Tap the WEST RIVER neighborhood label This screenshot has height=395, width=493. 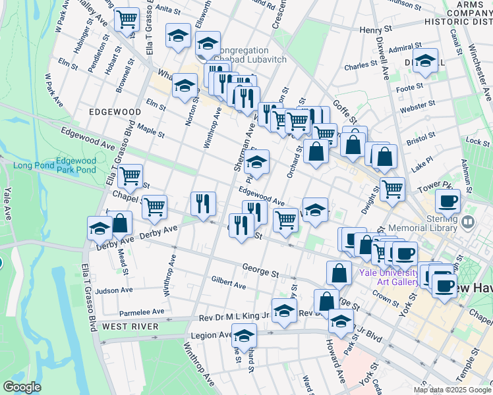click(130, 327)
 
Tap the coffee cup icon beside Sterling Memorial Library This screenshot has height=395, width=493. click(448, 201)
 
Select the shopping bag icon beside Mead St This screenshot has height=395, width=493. click(119, 223)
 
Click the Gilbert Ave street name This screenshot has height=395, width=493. click(228, 282)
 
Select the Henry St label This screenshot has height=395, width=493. click(376, 30)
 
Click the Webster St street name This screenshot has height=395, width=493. click(417, 104)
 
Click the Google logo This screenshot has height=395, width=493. click(22, 386)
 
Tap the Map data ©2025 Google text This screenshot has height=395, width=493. click(452, 390)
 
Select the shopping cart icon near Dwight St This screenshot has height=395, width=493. click(392, 188)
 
